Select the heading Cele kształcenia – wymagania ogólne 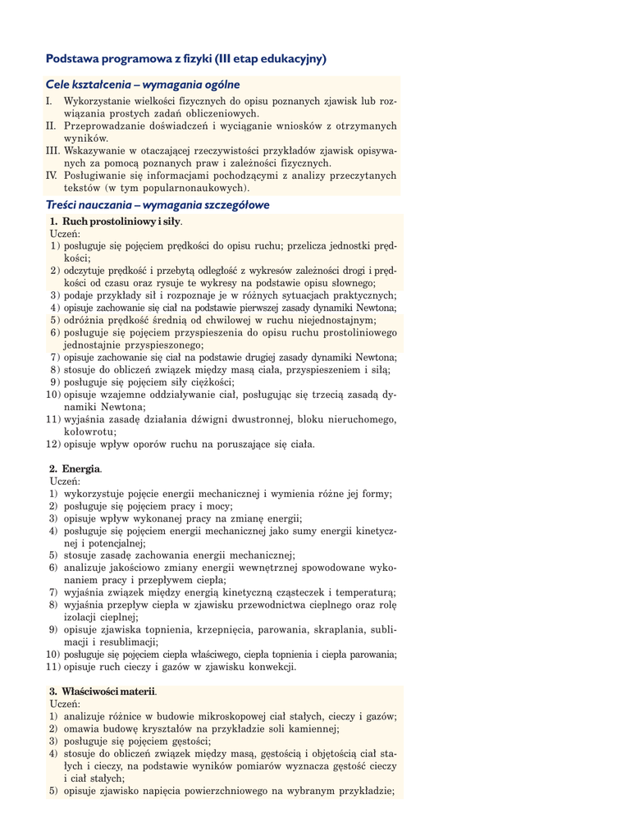[x=143, y=84]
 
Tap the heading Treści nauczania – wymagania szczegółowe [x=158, y=205]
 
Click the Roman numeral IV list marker [x=51, y=176]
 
